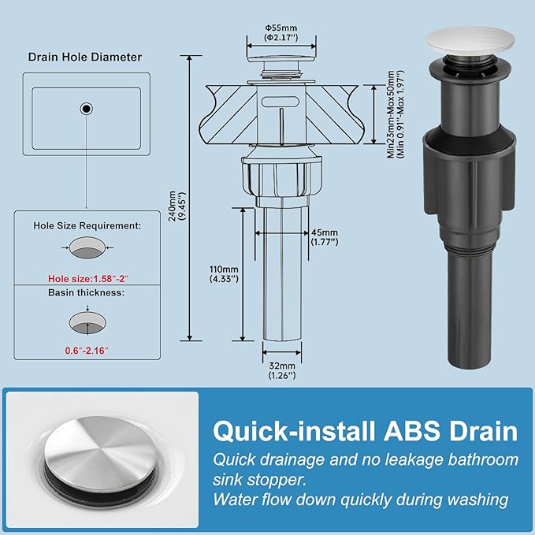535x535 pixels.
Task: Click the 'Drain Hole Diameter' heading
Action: [85, 57]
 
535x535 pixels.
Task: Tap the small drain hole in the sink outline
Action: [87, 109]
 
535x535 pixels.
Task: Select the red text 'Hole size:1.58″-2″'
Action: [88, 279]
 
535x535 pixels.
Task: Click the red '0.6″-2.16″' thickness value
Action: [87, 351]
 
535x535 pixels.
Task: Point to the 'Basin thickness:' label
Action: [87, 293]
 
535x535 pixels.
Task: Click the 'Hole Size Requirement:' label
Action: [87, 226]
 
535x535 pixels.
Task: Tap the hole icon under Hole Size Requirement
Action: [87, 247]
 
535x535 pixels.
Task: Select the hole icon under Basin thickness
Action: [87, 322]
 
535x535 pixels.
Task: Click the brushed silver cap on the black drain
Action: [470, 40]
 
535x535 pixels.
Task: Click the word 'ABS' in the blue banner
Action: [412, 431]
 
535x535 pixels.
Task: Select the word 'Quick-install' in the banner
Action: [294, 431]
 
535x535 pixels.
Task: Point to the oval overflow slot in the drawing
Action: [281, 102]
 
